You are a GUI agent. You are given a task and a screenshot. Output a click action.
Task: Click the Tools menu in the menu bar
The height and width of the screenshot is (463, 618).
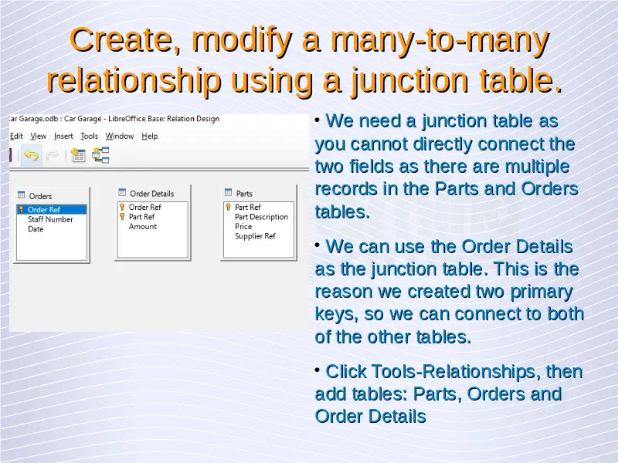pos(89,137)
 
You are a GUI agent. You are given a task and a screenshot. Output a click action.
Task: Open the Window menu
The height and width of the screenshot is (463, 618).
pos(120,137)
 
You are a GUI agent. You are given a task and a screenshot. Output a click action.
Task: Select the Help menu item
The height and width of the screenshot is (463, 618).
pos(150,137)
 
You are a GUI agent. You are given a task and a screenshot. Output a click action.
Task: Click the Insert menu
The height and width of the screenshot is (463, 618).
pos(63,137)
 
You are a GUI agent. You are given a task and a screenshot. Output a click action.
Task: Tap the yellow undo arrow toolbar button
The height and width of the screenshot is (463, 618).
pos(32,156)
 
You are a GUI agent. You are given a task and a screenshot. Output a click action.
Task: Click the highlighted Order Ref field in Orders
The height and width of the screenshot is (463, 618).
pos(44,209)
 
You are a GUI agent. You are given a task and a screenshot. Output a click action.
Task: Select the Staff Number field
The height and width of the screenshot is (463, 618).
pos(50,219)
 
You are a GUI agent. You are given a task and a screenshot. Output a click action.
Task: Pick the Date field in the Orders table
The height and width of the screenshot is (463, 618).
pos(36,229)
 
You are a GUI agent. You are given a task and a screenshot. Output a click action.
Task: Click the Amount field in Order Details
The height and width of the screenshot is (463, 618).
pos(143,226)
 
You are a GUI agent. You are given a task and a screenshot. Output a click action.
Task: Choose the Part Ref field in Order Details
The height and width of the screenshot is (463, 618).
pos(141,217)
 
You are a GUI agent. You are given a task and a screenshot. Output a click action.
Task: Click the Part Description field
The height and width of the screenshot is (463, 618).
pos(261,217)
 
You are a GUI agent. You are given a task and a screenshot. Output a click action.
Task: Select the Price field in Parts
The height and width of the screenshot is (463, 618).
pos(243,226)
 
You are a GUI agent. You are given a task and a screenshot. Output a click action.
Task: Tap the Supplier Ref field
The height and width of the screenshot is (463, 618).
pos(255,236)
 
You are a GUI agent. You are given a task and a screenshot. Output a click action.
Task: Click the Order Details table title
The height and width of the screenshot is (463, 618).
pos(151,194)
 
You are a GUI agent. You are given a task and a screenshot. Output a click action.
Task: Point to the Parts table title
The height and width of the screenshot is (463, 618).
pos(244,194)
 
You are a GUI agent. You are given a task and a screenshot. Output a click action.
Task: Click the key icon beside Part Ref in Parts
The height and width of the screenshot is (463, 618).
pos(228,207)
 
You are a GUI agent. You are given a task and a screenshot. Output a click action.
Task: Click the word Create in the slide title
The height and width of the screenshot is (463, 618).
pos(125,40)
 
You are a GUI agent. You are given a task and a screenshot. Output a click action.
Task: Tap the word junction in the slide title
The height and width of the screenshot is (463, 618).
pos(409,80)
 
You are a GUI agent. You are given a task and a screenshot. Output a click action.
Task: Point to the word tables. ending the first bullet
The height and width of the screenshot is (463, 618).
pos(342,211)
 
